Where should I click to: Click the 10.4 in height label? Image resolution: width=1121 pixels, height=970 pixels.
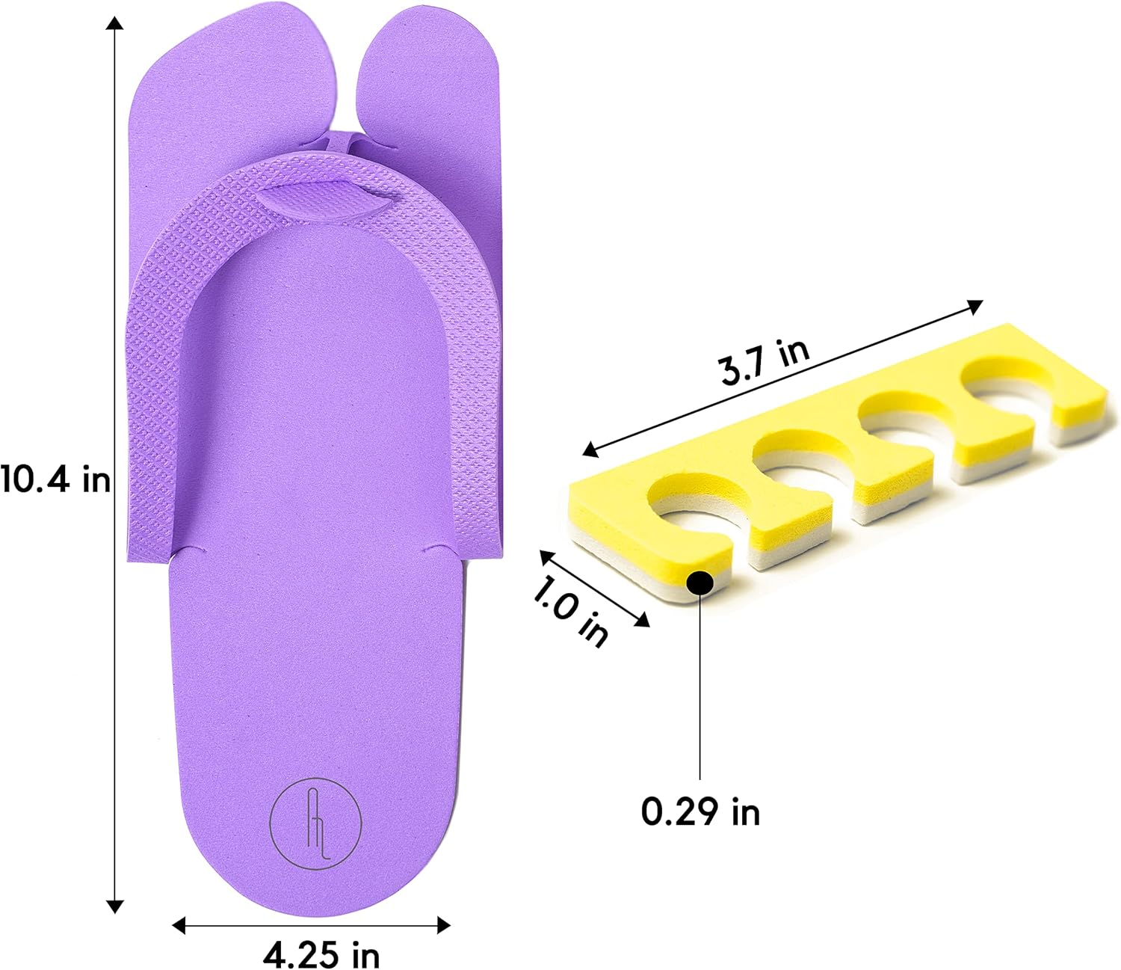tap(55, 479)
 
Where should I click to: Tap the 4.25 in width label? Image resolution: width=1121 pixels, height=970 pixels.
tap(321, 954)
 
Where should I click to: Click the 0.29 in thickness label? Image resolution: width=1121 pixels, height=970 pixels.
tap(700, 811)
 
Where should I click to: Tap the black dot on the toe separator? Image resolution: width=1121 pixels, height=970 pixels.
tap(700, 583)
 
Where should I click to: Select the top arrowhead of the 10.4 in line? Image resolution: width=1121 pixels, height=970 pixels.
tap(114, 22)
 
